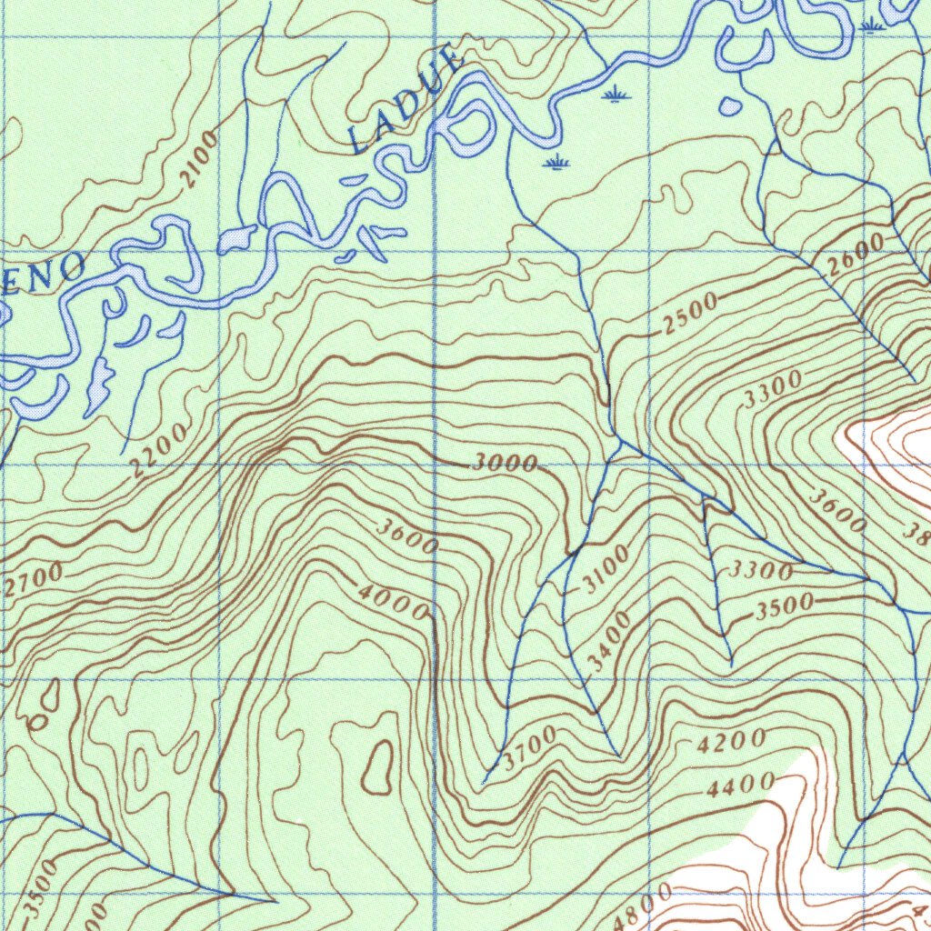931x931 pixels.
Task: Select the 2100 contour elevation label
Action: coord(199,159)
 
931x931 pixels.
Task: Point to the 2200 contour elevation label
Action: coord(158,450)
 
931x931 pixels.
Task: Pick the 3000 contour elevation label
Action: coord(506,463)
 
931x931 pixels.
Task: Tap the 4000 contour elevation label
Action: coord(393,601)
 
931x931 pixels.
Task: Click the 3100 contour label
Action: coord(605,569)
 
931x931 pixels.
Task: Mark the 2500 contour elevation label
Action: coord(688,315)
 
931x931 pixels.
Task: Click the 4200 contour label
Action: coord(731,743)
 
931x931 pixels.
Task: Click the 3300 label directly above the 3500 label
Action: coord(762,571)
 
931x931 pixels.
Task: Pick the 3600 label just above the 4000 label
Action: coord(408,536)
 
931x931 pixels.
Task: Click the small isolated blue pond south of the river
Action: coord(729,106)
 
